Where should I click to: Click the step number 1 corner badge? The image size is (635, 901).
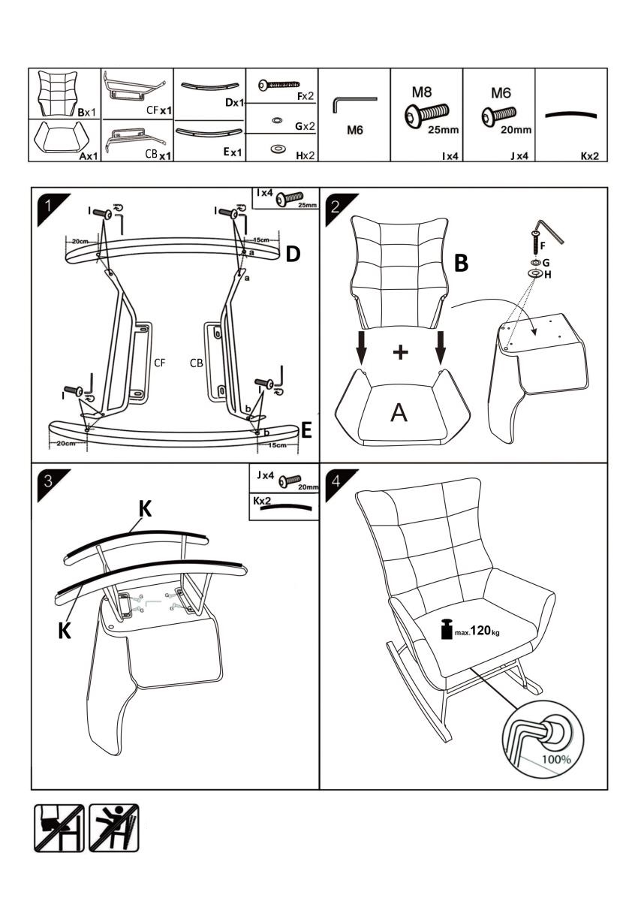point(47,203)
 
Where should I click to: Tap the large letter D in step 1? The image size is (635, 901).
point(293,254)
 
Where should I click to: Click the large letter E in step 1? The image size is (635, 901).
point(305,430)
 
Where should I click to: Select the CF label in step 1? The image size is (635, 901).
point(160,363)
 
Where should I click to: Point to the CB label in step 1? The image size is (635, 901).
point(197,363)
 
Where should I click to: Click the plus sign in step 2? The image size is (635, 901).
point(401,351)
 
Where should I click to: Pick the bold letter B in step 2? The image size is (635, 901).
point(462,263)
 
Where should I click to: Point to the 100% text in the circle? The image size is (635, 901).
point(556,758)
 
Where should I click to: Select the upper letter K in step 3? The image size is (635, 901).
point(146,509)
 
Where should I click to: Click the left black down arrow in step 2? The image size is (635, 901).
point(362,346)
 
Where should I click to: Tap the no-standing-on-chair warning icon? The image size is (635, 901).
point(114,828)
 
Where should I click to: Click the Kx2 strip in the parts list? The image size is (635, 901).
point(570,116)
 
